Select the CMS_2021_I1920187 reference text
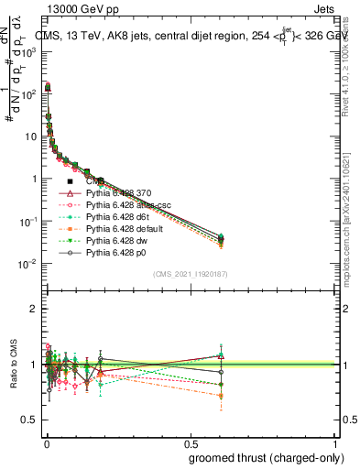pos(190,274)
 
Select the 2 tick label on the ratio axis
pos(35,309)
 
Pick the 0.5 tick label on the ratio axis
pos(30,420)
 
